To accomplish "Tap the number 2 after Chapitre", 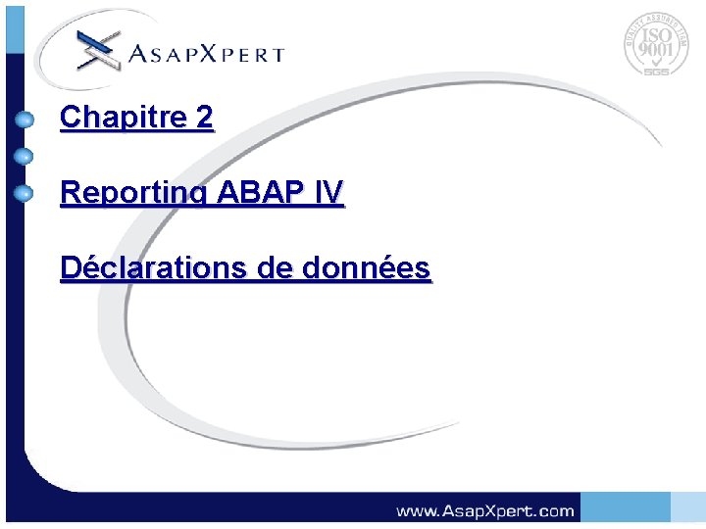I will click(x=204, y=118).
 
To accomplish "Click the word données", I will click(x=373, y=266).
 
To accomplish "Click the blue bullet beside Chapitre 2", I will click(x=25, y=120).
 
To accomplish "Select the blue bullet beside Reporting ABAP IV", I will click(x=25, y=192).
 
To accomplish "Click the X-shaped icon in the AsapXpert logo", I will click(x=98, y=50).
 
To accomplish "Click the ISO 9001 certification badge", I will click(x=655, y=45).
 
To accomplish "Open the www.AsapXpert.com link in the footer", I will click(x=484, y=510).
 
